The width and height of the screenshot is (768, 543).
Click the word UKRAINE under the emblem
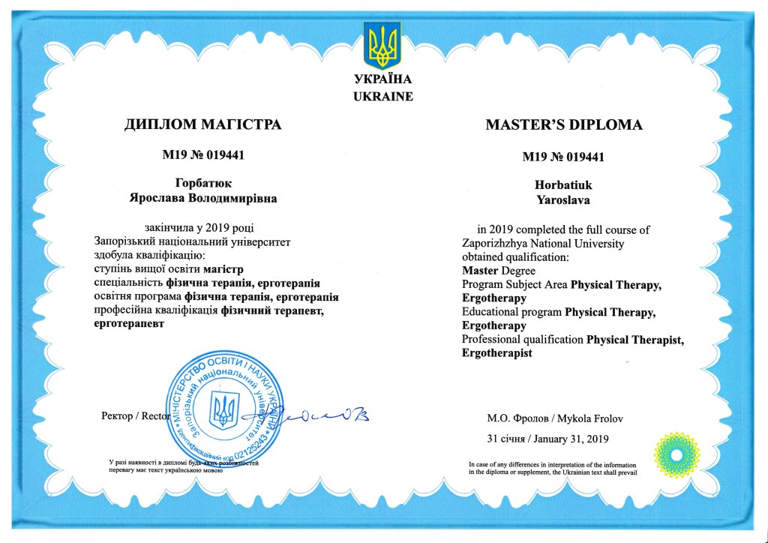pyautogui.click(x=382, y=96)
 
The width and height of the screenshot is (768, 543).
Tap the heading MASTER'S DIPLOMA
pyautogui.click(x=564, y=124)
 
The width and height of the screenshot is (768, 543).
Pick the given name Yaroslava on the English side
pyautogui.click(x=563, y=199)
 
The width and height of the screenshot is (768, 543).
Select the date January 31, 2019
pyautogui.click(x=574, y=438)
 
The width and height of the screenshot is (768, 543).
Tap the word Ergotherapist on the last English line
pyautogui.click(x=497, y=353)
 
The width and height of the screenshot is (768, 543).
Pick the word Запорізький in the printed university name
pyautogui.click(x=128, y=242)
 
